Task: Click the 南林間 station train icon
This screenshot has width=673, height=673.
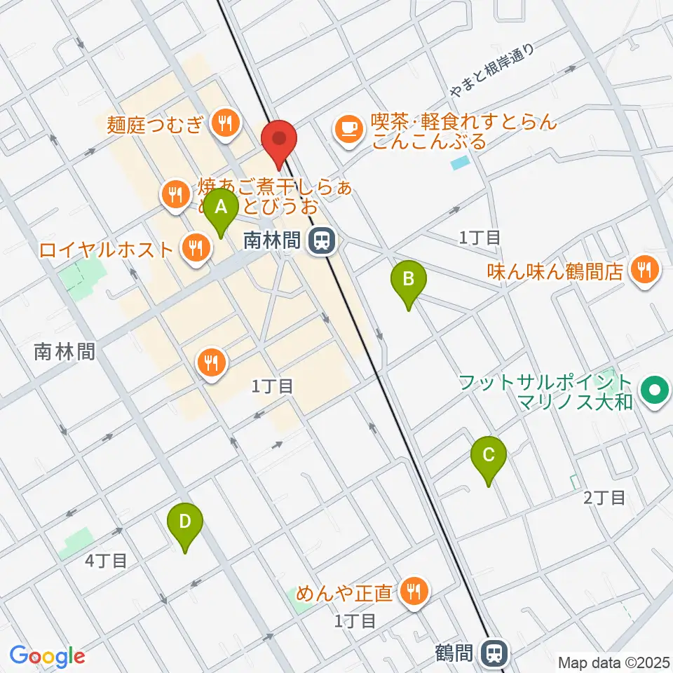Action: [x=322, y=242]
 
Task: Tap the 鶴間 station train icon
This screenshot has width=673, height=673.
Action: [x=495, y=654]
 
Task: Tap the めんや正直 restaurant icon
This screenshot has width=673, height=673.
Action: [x=414, y=593]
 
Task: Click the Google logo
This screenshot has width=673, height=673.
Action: [x=46, y=656]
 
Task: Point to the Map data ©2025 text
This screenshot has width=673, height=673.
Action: [x=613, y=662]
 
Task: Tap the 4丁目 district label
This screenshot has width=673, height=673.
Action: [x=107, y=560]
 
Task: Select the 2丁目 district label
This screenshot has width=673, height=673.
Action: [x=604, y=498]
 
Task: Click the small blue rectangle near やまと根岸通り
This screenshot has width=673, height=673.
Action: [x=459, y=163]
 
